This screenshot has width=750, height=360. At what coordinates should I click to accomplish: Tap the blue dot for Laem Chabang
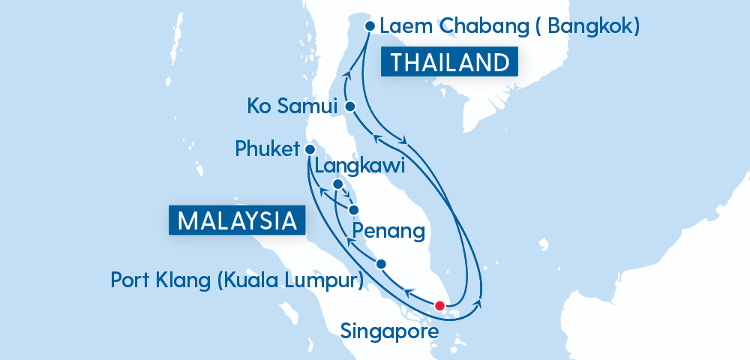pos(369,26)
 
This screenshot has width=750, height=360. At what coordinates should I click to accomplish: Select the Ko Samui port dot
pos(349,107)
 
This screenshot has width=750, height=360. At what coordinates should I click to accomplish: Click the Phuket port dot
pos(310,149)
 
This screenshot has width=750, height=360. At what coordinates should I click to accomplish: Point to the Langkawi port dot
pos(337,184)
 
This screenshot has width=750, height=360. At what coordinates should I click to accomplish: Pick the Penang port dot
pos(353,210)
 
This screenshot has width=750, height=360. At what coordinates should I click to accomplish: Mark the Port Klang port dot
pos(381,264)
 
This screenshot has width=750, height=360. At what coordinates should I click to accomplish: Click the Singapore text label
pos(389,330)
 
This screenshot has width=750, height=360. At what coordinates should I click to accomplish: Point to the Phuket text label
pos(267,148)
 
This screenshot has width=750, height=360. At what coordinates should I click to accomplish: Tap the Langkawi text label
pos(360,166)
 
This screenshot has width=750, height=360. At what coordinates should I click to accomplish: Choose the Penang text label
pos(388,229)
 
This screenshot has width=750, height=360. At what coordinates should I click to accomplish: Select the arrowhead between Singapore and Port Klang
pos(409,292)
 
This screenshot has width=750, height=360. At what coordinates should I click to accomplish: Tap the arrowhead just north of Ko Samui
pos(347,74)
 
